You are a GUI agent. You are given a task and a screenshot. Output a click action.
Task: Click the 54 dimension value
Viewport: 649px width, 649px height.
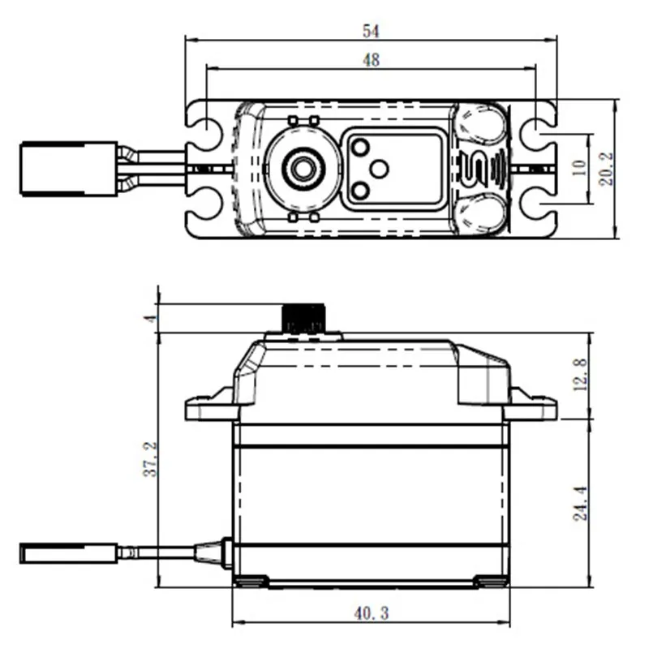pyautogui.click(x=372, y=31)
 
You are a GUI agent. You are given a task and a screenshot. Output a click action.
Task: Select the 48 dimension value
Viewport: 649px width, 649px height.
pyautogui.click(x=372, y=58)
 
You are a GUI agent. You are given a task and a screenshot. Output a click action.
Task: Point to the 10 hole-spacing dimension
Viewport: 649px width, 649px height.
pyautogui.click(x=578, y=168)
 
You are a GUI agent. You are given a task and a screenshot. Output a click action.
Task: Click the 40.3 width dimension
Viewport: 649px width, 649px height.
pyautogui.click(x=372, y=614)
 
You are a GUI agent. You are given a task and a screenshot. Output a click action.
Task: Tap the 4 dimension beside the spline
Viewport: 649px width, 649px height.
pyautogui.click(x=148, y=318)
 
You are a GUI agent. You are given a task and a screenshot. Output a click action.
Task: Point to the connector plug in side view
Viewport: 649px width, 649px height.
pyautogui.click(x=67, y=554)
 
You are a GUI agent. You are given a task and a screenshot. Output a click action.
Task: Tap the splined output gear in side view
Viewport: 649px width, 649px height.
pyautogui.click(x=304, y=318)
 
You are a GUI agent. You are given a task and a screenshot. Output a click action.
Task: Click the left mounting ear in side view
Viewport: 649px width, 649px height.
pyautogui.click(x=209, y=407)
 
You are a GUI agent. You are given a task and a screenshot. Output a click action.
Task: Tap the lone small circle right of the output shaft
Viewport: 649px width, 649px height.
pyautogui.click(x=379, y=169)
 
